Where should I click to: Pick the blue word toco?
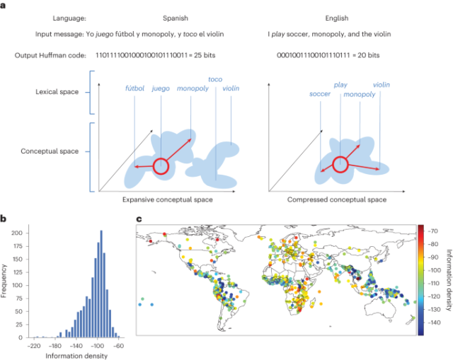coord(216,80)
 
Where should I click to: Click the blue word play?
coord(340,84)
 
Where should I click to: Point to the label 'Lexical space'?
coord(61,92)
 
